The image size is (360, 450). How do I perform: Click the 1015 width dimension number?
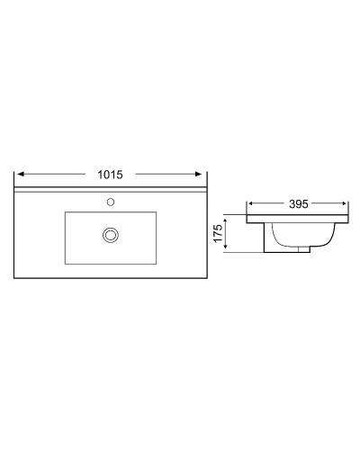coord(109,174)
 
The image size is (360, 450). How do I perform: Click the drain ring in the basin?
coord(111,235)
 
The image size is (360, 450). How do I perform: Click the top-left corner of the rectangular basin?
coord(66,212)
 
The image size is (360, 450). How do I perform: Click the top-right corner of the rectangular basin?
coord(157,212)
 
